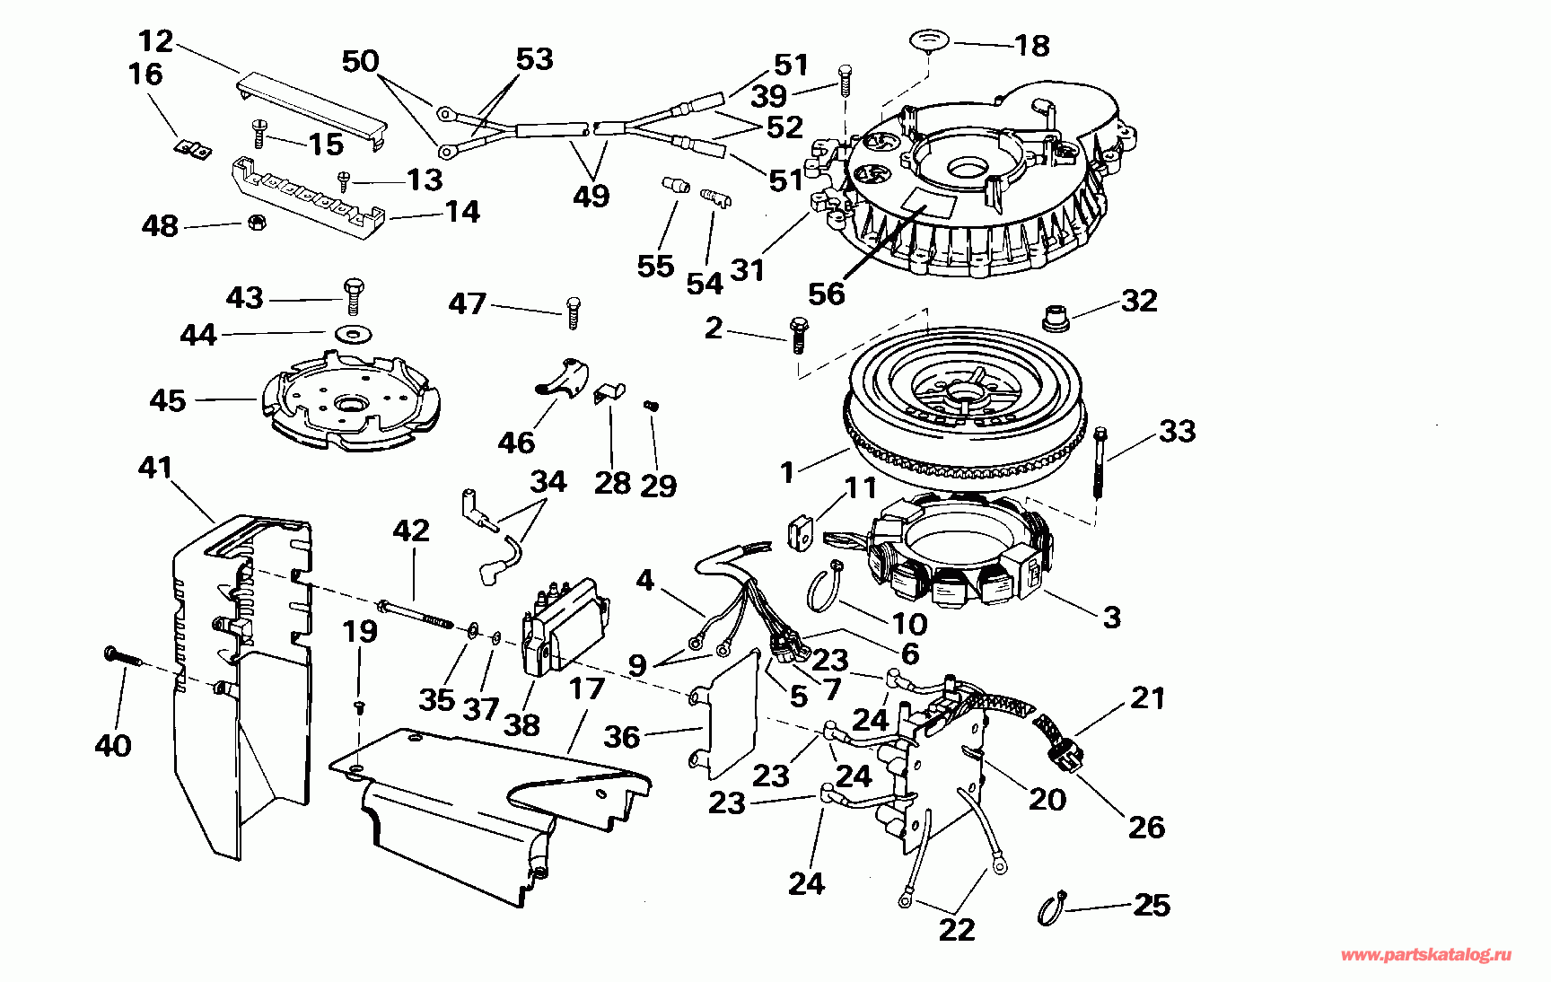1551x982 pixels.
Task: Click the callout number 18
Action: (1032, 45)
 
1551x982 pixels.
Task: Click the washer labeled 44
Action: (354, 333)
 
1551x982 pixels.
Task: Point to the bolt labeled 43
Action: (354, 295)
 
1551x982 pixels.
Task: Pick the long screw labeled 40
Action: (125, 655)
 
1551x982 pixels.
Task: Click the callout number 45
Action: (168, 400)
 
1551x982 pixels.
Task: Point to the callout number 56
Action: (826, 293)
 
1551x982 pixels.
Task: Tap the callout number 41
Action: (155, 468)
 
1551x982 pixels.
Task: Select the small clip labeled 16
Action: (192, 150)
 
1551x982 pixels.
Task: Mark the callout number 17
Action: (587, 688)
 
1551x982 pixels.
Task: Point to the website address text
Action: (1426, 955)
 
